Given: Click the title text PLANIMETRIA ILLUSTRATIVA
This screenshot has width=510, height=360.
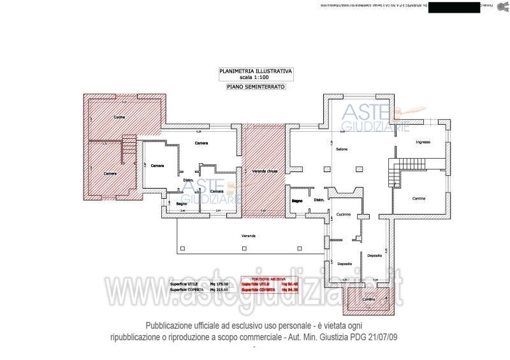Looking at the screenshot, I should coord(255,72).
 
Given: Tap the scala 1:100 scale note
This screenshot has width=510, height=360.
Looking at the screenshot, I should coord(255,78).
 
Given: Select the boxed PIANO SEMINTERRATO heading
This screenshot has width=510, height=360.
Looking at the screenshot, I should coord(255,86).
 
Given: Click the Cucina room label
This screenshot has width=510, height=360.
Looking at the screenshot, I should coord(120,118).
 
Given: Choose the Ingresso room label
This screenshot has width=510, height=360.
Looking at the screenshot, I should coord(423,142).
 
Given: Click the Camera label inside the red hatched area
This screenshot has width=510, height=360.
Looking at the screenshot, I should coord(110,173).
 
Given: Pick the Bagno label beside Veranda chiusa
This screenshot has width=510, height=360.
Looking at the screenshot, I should coord(297,201).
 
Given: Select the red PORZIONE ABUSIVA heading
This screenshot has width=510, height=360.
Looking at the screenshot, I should coord(261,278).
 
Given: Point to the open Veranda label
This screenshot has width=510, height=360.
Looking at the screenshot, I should coord(248,236).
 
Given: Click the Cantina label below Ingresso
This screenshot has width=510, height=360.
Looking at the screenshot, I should coord(418,199).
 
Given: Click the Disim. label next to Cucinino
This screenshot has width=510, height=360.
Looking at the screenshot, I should coord(319,201).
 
